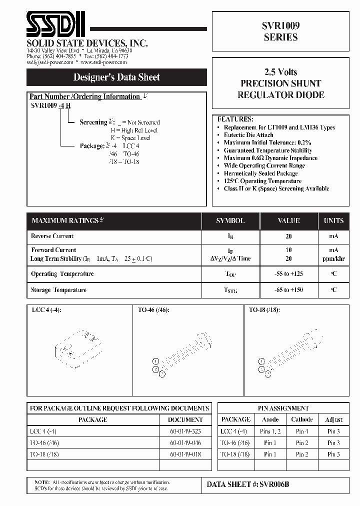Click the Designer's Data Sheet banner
pos(116,77)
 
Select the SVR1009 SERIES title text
pos(280,31)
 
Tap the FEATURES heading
pos(235,119)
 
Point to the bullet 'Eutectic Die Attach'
pos(248,135)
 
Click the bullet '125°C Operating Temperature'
pos(262,181)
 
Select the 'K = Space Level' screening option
pos(130,137)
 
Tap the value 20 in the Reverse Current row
pos(288,236)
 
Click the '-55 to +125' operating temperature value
pos(288,274)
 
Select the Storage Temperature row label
pos(58,290)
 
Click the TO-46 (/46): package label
pos(153,310)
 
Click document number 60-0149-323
pos(185,431)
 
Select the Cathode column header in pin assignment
pos(302,419)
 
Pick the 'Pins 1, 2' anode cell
pos(270,431)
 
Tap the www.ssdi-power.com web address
pos(104,63)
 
